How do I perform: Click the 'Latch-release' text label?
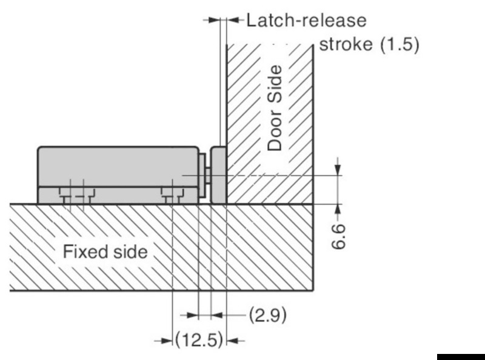pyautogui.click(x=306, y=21)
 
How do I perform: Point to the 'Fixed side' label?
pyautogui.click(x=105, y=252)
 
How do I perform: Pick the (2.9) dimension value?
pyautogui.click(x=267, y=316)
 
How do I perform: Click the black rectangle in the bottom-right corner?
pyautogui.click(x=460, y=355)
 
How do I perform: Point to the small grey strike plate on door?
pyautogui.click(x=218, y=174)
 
